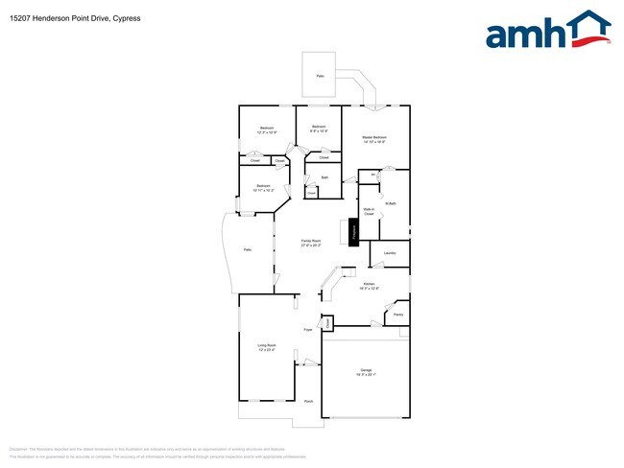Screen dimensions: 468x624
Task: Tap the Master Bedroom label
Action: point(374,139)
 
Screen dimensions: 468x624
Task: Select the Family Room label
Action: point(311,243)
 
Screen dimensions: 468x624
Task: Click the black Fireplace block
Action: point(352,231)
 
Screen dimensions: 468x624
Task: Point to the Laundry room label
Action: point(390,253)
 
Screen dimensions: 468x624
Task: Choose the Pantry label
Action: point(397,315)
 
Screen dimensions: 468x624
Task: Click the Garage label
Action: point(366,371)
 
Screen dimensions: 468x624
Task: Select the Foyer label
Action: point(308,329)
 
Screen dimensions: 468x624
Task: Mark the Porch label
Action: point(308,401)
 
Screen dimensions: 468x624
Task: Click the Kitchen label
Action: point(370,286)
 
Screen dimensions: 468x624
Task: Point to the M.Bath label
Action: point(391,203)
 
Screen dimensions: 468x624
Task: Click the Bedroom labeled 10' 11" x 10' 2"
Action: point(262,188)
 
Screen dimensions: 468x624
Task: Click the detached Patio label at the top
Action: point(321,75)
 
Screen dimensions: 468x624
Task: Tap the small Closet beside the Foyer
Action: point(327,324)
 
